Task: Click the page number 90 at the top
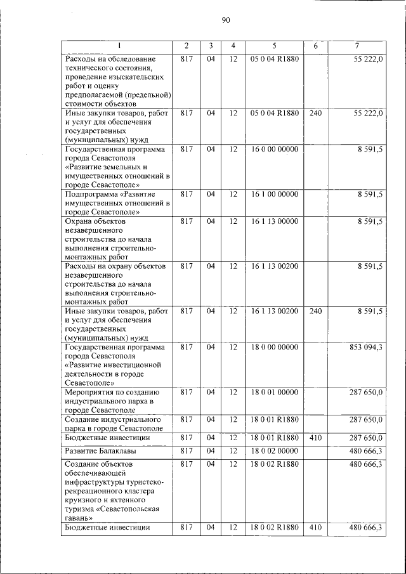click(226, 20)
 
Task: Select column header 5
click(274, 46)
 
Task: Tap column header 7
click(357, 46)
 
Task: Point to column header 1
click(117, 46)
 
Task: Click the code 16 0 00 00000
click(274, 149)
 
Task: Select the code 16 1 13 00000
click(274, 221)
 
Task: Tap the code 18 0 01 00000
click(274, 393)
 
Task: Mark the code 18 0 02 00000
click(274, 450)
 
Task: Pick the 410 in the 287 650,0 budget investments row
click(315, 438)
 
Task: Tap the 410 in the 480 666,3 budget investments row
click(315, 527)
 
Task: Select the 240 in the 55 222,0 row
click(315, 113)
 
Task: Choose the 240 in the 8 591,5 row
click(315, 311)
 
